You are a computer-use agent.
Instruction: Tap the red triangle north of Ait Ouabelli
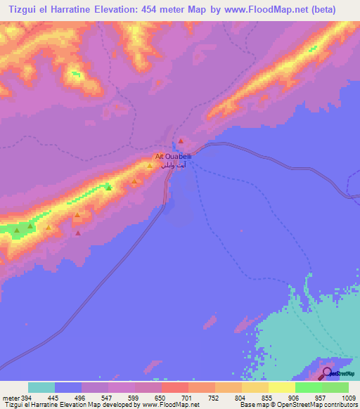[181, 142]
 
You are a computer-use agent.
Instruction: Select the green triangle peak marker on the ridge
[108, 187]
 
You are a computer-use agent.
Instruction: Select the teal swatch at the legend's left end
[41, 387]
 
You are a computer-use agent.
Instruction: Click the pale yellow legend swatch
[281, 387]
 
